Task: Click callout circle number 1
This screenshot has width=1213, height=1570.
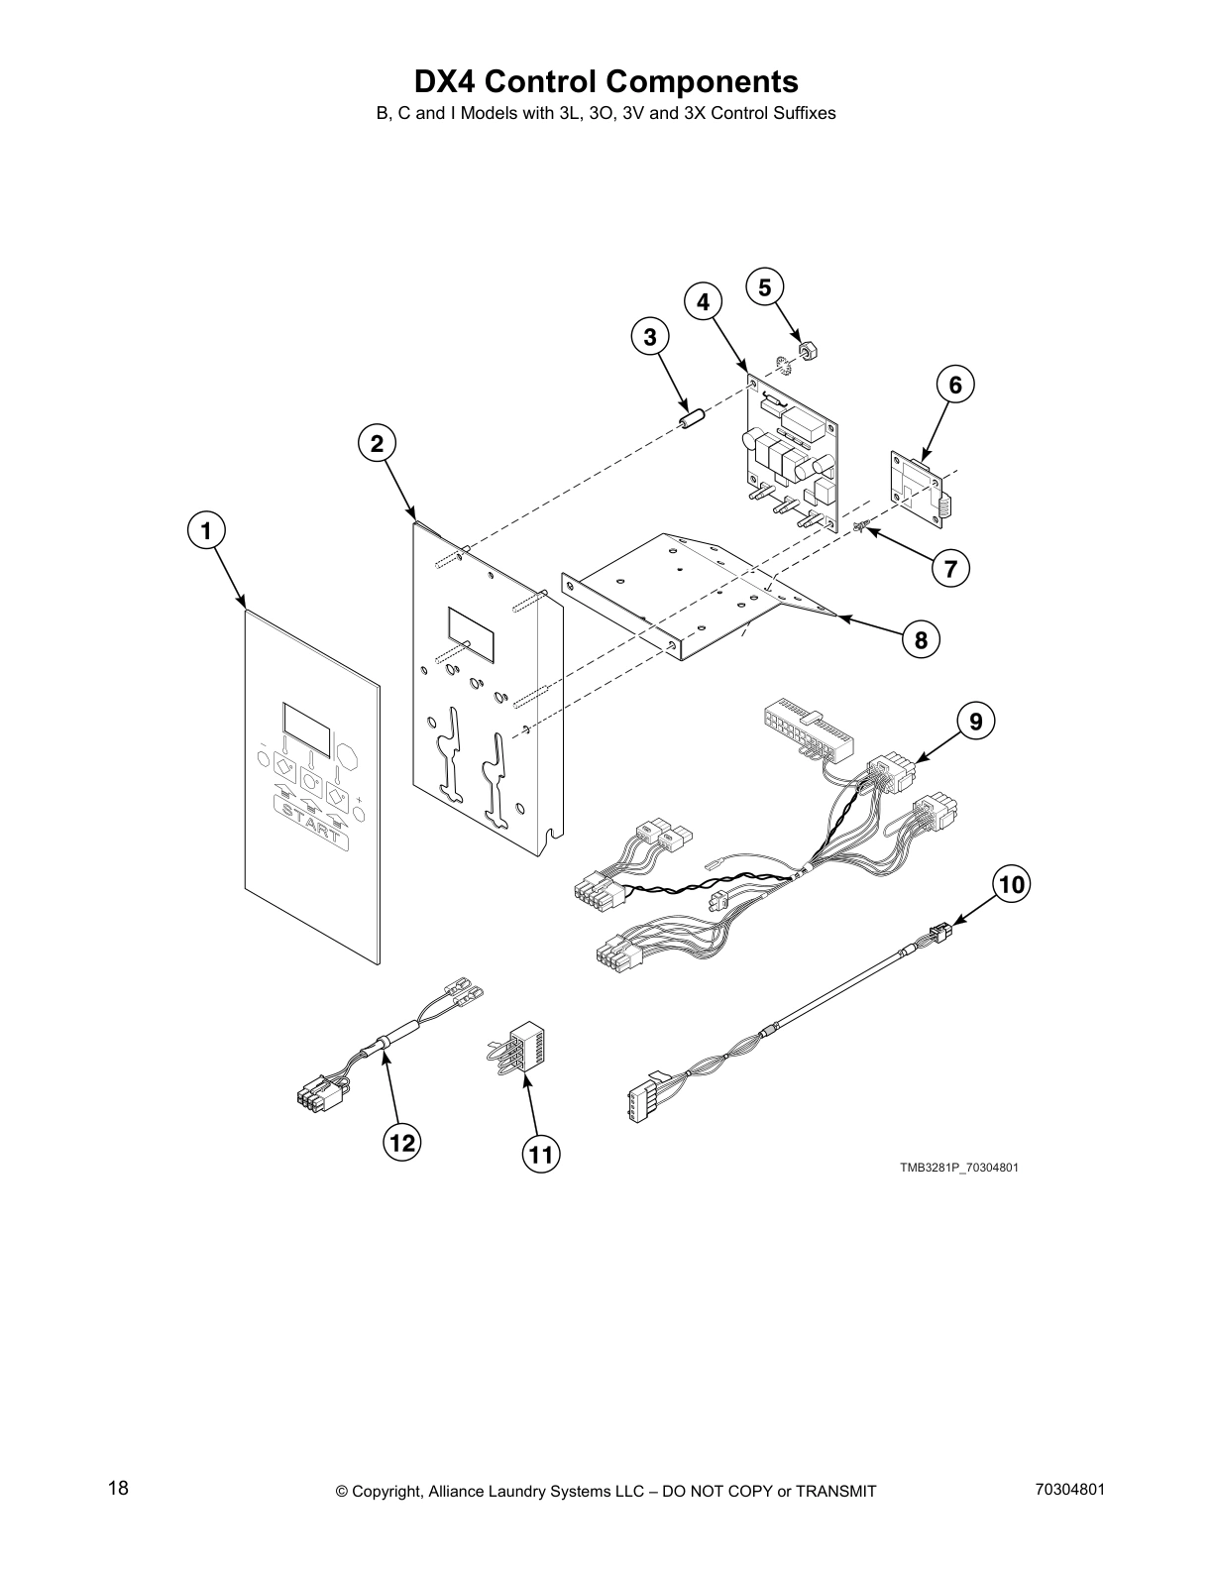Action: tap(205, 531)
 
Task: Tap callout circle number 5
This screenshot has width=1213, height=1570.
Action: tap(764, 287)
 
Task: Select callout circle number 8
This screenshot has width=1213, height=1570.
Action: tap(921, 640)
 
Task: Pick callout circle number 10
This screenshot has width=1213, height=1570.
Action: tap(1011, 884)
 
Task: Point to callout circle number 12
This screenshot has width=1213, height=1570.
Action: tap(401, 1143)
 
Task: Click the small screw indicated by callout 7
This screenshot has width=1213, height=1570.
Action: tap(862, 525)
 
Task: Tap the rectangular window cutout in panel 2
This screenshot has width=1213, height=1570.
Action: tap(471, 634)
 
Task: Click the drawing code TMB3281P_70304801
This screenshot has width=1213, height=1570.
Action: tap(958, 1167)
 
